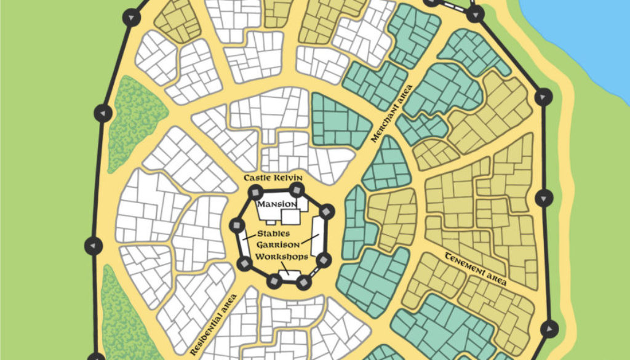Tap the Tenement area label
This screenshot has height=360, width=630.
click(475, 269)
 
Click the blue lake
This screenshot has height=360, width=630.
click(578, 37)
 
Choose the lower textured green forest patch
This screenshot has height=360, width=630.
click(123, 314)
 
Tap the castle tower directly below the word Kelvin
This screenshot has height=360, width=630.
click(298, 190)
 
